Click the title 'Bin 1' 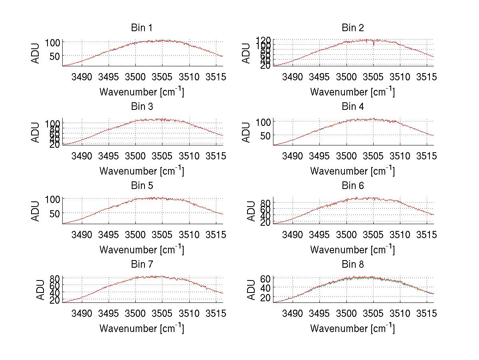click(142, 28)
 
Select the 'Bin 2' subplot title click(353, 28)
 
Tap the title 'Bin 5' click(142, 185)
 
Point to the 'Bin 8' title click(353, 264)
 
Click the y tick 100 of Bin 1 click(53, 42)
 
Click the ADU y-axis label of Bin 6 click(251, 211)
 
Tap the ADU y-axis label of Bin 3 click(36, 132)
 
